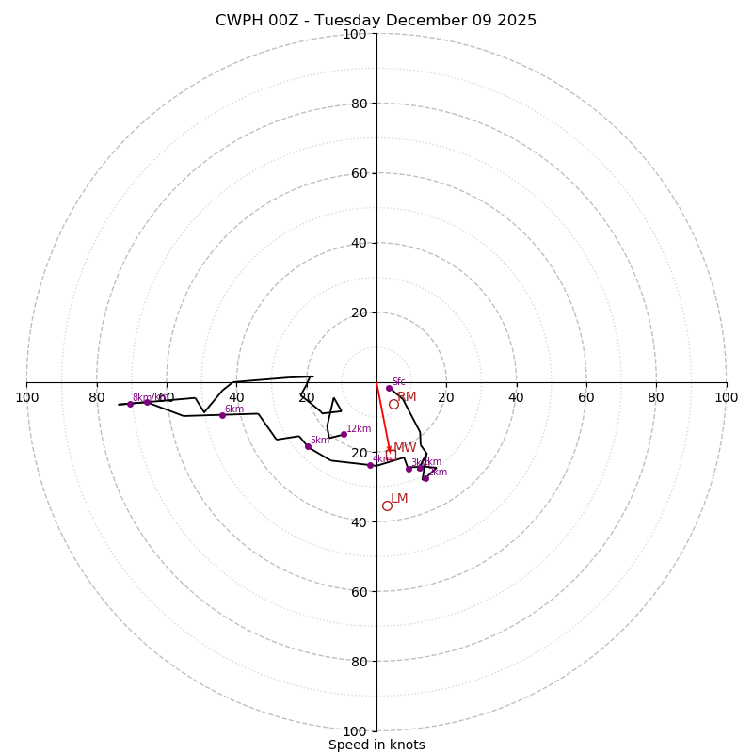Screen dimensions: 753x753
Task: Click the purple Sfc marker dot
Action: pyautogui.click(x=389, y=388)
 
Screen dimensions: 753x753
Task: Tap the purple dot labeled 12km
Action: pyautogui.click(x=344, y=434)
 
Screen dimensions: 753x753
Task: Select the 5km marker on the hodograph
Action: pyautogui.click(x=308, y=446)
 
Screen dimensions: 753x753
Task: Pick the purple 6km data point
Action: pyautogui.click(x=222, y=415)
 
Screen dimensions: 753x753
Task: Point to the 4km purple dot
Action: pyautogui.click(x=370, y=465)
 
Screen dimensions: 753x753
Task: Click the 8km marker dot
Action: pyautogui.click(x=130, y=404)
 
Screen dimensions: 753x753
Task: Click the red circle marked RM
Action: pyautogui.click(x=393, y=404)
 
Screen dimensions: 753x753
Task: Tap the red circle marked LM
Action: pyautogui.click(x=387, y=505)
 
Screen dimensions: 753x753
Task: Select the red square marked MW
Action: pyautogui.click(x=391, y=455)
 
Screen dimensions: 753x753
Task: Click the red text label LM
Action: pyautogui.click(x=399, y=498)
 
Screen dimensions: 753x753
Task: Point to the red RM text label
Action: pyautogui.click(x=407, y=396)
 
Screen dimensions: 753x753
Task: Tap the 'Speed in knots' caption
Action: pyautogui.click(x=376, y=745)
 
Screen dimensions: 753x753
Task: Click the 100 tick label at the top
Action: pyautogui.click(x=355, y=34)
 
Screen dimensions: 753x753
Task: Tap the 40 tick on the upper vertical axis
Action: pyautogui.click(x=359, y=243)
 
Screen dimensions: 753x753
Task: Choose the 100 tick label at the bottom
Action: pyautogui.click(x=355, y=730)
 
